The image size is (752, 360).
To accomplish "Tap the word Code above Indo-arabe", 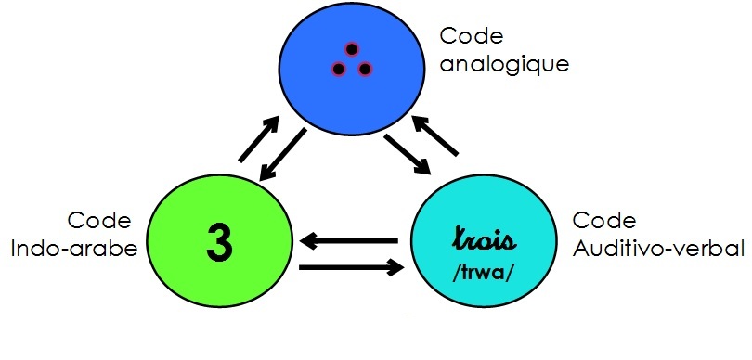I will point(99,222).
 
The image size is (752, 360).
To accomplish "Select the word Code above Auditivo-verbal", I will point(605,222).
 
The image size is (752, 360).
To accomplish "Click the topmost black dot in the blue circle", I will point(352,50).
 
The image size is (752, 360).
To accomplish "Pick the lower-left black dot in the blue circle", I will point(339,70).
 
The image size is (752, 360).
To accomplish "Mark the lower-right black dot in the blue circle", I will point(365,69).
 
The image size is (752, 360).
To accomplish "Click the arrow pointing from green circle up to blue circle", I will point(259,139).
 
